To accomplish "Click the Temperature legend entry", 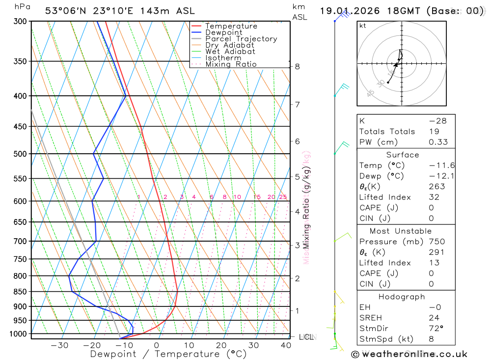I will [231, 26].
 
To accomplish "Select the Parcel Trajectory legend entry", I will [241, 39].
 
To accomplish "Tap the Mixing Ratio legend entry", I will [231, 64].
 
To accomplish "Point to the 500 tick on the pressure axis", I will [21, 154].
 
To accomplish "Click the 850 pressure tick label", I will [21, 292].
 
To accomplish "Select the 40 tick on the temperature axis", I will [286, 345].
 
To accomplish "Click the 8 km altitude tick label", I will [297, 66].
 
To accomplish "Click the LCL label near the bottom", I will [307, 337].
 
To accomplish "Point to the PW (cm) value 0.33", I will [438, 142].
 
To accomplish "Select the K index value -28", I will [437, 121].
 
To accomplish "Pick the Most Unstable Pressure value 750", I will [436, 242].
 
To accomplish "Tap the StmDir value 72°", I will [435, 329].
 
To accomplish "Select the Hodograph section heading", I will [402, 297].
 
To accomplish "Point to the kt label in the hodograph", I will [363, 26].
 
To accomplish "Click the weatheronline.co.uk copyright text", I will [409, 354].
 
